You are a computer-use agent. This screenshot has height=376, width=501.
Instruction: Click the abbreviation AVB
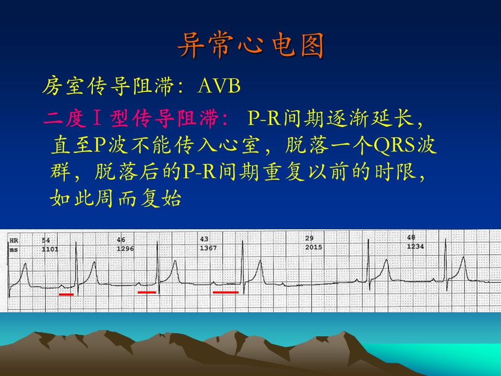coord(219,86)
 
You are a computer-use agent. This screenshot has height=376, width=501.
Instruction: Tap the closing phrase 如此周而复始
coord(116,198)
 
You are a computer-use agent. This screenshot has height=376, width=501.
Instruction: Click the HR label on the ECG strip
coord(14,240)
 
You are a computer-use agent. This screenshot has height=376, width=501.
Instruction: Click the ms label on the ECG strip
coord(14,250)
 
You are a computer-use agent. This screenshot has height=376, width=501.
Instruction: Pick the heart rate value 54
coord(46,240)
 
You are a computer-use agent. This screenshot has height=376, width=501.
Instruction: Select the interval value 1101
coord(50,249)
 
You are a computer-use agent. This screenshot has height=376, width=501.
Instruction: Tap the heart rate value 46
coord(121,240)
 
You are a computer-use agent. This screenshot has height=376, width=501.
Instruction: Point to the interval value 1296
coord(125,249)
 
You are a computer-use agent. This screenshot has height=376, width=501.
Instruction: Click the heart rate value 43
coord(204,239)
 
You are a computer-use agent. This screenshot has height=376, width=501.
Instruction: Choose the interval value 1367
coord(208,248)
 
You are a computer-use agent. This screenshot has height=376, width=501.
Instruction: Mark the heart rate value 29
coord(309,238)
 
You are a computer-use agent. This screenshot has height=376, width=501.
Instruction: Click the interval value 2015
coord(314,247)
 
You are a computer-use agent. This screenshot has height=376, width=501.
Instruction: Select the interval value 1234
coord(415,246)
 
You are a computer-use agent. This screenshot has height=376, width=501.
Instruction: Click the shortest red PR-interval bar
coord(66,295)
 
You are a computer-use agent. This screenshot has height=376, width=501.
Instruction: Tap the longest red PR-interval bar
coord(225,292)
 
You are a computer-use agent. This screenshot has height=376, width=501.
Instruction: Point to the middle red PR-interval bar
coord(147,292)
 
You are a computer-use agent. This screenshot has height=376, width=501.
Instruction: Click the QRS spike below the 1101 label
coord(76,265)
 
